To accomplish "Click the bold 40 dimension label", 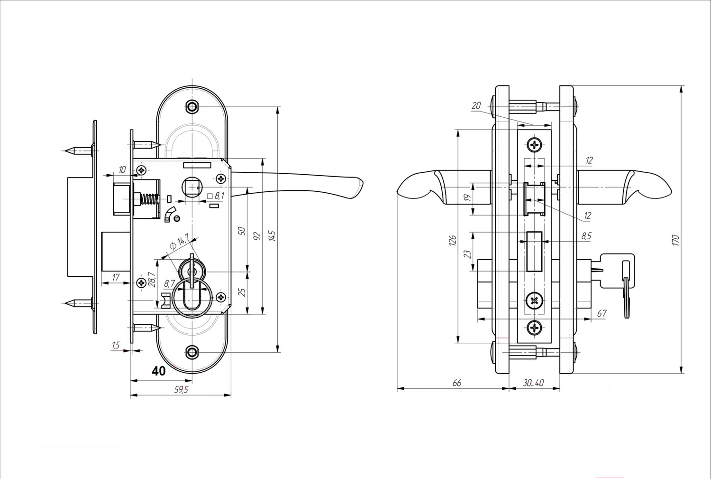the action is [x=159, y=371].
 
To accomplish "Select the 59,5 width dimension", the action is [x=181, y=390].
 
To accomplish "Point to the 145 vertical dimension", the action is [x=272, y=236].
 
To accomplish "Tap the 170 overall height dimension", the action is [x=675, y=240].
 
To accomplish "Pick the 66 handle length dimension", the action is [x=456, y=383].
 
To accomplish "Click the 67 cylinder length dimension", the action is [x=602, y=313].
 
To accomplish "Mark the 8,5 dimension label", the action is [x=587, y=236].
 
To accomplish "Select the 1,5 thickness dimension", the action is [x=116, y=345].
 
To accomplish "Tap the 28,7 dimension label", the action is [x=151, y=280].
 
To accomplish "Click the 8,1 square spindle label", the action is [x=216, y=196].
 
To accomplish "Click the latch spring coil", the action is [x=149, y=199].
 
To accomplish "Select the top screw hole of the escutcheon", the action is [x=192, y=106].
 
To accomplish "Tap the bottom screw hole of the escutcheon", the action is [x=192, y=352].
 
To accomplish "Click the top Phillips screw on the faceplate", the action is [x=535, y=145].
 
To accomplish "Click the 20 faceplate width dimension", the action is [x=476, y=105].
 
